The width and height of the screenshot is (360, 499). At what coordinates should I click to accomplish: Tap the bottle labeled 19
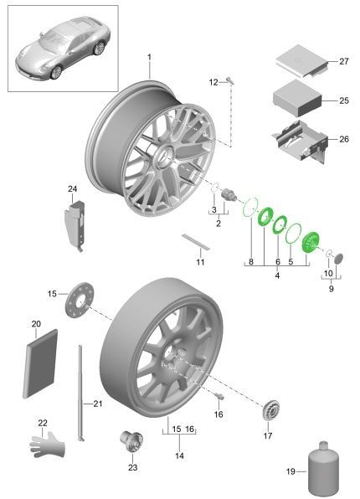point(323,470)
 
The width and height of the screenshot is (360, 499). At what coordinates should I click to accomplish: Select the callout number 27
point(344,61)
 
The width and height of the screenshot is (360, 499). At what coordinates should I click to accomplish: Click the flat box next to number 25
point(297,98)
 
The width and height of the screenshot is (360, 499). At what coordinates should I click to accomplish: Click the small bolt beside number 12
point(230,80)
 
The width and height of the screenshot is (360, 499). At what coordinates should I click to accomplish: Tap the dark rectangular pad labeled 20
point(40,363)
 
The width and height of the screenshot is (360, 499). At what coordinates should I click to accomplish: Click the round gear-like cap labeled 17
point(271,409)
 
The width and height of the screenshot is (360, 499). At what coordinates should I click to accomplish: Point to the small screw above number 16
point(219,396)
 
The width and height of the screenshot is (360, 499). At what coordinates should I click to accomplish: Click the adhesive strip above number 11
point(196,242)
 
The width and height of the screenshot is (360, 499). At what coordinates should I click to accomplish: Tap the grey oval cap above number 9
point(339,259)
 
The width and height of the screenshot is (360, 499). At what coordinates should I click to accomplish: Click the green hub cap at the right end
point(311,243)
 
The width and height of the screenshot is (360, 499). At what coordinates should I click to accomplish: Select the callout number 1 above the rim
point(149,57)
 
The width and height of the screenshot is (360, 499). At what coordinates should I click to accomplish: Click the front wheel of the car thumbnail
point(56,73)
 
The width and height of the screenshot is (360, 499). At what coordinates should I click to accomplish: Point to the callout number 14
point(179,455)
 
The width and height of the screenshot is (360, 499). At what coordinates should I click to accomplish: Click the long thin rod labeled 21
point(80,393)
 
